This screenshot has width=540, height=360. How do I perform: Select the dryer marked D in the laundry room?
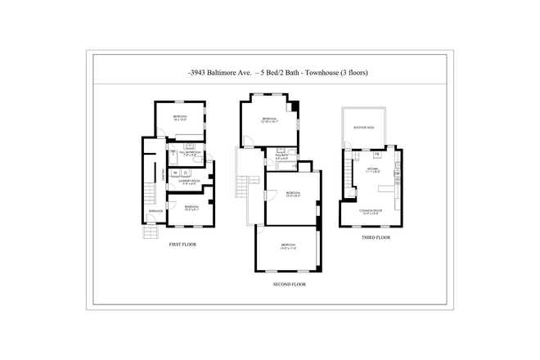[186, 173]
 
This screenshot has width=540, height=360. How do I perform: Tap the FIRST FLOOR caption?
[182, 245]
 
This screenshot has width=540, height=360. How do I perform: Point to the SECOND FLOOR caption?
[289, 285]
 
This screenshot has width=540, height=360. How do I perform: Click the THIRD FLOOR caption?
[376, 237]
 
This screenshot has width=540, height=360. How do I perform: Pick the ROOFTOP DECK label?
[364, 128]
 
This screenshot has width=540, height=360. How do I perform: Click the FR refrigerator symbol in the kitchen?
[377, 154]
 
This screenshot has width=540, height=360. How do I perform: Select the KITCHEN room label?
[371, 170]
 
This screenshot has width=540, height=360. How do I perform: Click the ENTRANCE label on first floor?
[155, 212]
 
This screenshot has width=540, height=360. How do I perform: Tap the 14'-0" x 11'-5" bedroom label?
[288, 245]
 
